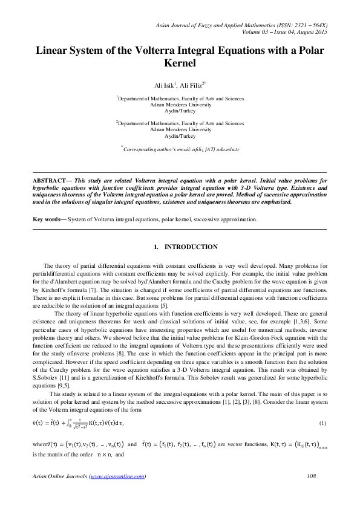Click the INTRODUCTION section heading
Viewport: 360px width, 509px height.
191,247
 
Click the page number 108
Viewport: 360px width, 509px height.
312,477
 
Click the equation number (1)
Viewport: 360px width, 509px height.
323,422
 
